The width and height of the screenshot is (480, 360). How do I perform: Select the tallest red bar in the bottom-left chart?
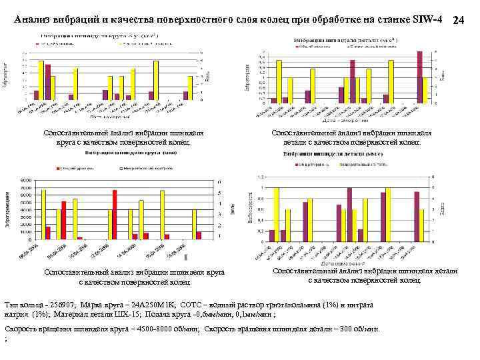click(115, 214)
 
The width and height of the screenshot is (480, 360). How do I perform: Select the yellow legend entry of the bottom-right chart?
click(360, 164)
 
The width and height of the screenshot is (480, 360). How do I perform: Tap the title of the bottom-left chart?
click(124, 153)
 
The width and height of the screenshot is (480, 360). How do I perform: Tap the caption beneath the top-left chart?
click(123, 137)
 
